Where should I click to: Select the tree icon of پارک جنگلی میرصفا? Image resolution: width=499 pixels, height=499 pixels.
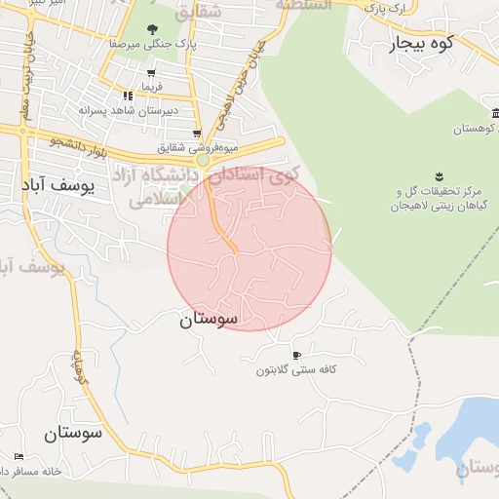coord(151,30)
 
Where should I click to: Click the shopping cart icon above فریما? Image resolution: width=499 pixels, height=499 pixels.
coord(151,73)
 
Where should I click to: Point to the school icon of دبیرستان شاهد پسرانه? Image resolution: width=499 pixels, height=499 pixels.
coord(128,96)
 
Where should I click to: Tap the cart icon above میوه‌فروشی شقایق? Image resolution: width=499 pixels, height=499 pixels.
coord(197,134)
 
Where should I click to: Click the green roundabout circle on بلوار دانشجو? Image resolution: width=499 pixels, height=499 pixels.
coord(204,160)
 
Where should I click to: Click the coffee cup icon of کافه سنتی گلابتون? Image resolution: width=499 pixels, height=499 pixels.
coord(296,354)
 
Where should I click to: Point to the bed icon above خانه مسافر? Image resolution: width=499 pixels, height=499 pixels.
coord(19,456)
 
